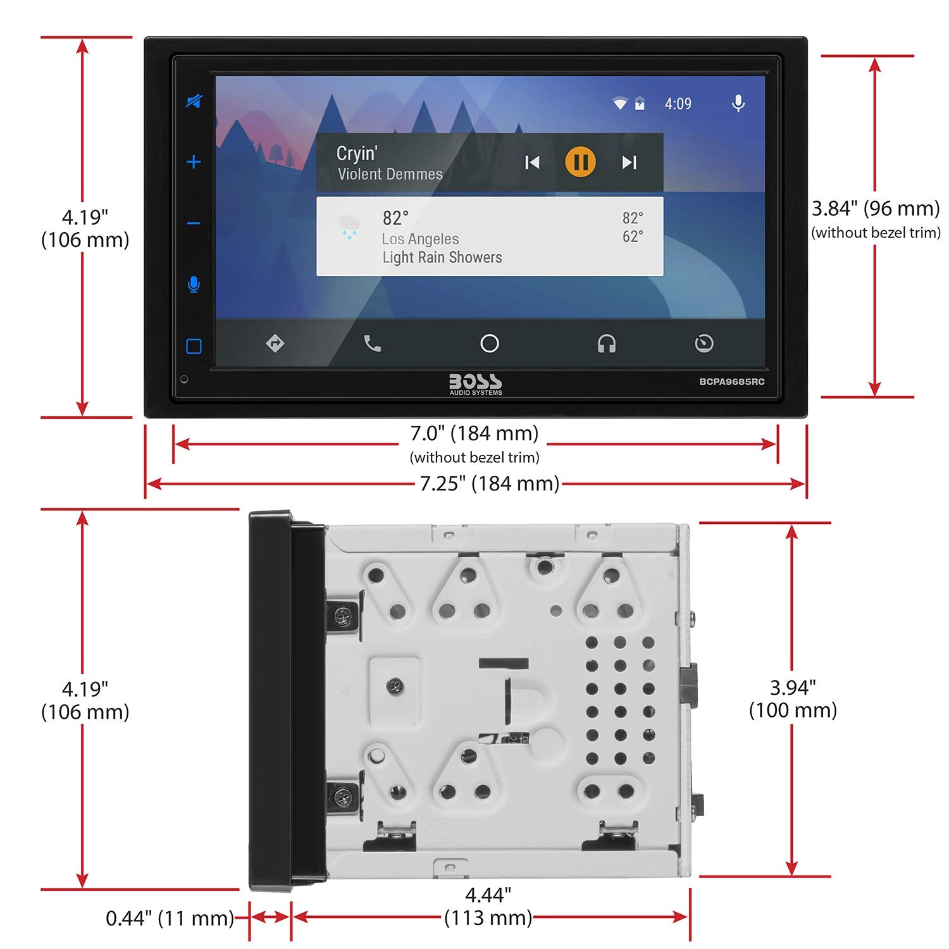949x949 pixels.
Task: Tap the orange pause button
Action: coord(580,162)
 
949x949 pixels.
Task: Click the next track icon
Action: coord(628,163)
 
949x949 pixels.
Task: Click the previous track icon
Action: coord(532,163)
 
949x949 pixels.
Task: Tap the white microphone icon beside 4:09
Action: coord(738,103)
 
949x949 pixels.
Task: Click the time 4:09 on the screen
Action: coord(678,104)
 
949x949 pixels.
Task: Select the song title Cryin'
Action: coord(357,153)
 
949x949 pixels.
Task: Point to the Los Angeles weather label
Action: coord(420,239)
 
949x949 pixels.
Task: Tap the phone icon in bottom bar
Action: coord(373,344)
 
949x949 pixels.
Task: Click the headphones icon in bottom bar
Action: coord(606,344)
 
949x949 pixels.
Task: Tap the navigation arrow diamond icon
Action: coord(275,344)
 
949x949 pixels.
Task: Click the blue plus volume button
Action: coord(194,162)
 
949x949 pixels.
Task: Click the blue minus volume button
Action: coord(194,223)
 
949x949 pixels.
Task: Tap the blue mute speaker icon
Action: coord(194,101)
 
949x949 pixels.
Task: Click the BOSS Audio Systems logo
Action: coord(475,384)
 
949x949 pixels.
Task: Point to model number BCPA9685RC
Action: coord(731,381)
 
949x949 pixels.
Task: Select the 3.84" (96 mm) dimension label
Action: coord(876,208)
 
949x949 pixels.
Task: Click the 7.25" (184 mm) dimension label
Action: coord(490,483)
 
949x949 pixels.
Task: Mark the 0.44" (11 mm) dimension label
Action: coord(170,918)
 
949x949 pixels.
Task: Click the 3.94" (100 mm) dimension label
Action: coord(793,698)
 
